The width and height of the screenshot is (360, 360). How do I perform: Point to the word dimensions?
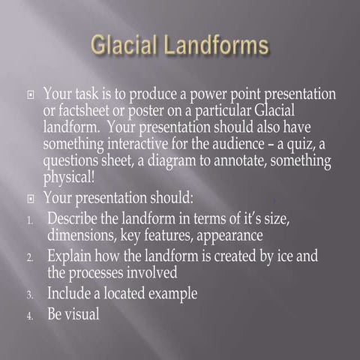pos(82,235)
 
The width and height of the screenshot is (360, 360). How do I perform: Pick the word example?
pos(169,293)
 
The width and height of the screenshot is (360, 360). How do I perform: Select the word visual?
pos(82,314)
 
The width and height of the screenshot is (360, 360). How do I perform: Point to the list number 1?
pos(29,220)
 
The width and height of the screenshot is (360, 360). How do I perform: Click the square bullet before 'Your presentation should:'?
pos(29,199)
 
